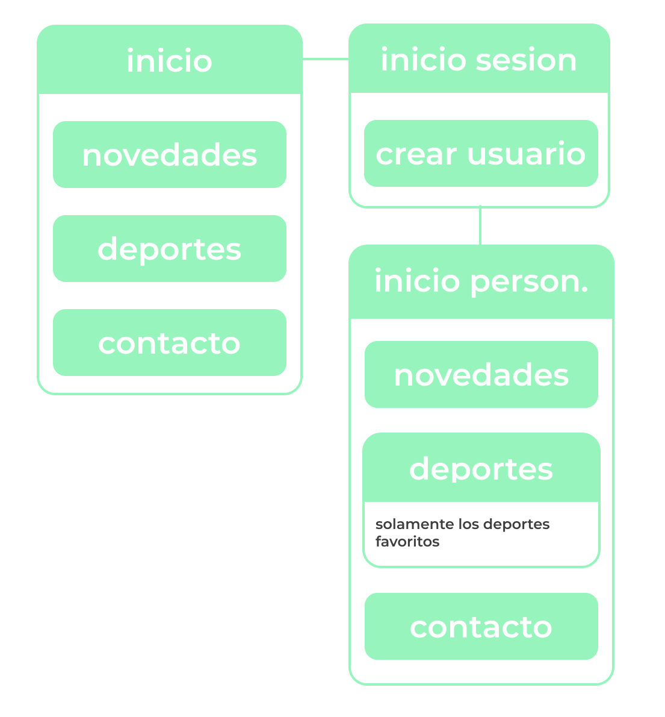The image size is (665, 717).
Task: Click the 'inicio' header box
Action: coord(170,60)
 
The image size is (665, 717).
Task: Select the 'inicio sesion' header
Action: coord(479,58)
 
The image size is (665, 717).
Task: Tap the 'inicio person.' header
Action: coord(481,282)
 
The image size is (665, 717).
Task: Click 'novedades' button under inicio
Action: coord(170,155)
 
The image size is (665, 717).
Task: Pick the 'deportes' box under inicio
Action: coord(170,248)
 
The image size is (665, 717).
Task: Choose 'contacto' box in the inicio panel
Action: coord(170,342)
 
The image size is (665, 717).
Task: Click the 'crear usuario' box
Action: coord(481,153)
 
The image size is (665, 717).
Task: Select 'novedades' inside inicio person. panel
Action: coord(481,375)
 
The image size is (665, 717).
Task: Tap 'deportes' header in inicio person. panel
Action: coord(481,468)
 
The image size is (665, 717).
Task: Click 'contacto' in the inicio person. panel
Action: coord(481,627)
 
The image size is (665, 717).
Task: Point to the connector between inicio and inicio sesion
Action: coord(326,59)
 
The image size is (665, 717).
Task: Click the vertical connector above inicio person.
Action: coord(480,225)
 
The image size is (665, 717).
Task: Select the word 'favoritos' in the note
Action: coord(407,542)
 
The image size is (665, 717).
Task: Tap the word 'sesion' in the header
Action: coord(527,60)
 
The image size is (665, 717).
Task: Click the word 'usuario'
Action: coord(526,154)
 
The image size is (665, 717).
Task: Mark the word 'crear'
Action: coord(416,155)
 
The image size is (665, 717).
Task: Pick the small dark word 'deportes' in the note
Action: coord(516,524)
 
